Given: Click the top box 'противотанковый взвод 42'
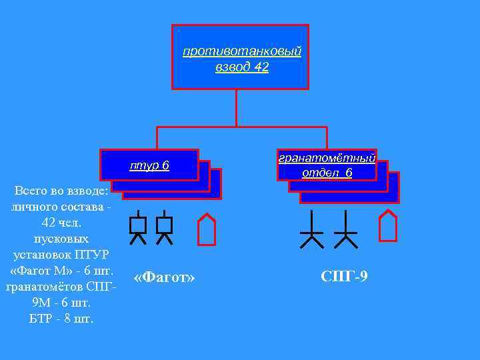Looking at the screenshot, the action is tap(241, 57).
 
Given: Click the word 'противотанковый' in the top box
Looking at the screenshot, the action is tap(242, 51).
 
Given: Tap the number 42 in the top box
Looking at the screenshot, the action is tap(261, 67).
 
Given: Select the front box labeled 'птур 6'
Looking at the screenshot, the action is tap(149, 165).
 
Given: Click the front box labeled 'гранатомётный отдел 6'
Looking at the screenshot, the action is tap(327, 165).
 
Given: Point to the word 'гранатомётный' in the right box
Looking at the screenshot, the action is tap(327, 158).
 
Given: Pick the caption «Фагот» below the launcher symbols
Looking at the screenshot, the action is tap(164, 277).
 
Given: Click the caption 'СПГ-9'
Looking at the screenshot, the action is tap(343, 275).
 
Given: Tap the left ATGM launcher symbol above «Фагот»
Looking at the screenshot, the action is tap(138, 229).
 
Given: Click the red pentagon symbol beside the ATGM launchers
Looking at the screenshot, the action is tap(207, 229).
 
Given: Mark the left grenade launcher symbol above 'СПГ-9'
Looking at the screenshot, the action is tap(312, 230).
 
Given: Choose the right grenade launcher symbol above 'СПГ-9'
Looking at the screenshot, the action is tap(345, 230).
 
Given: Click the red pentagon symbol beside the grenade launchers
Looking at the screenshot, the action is tap(387, 225).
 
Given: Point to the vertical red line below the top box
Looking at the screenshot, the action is tap(237, 107).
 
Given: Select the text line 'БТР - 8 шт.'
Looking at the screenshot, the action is tap(61, 318).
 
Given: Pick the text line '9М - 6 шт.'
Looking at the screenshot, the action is tap(61, 303).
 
